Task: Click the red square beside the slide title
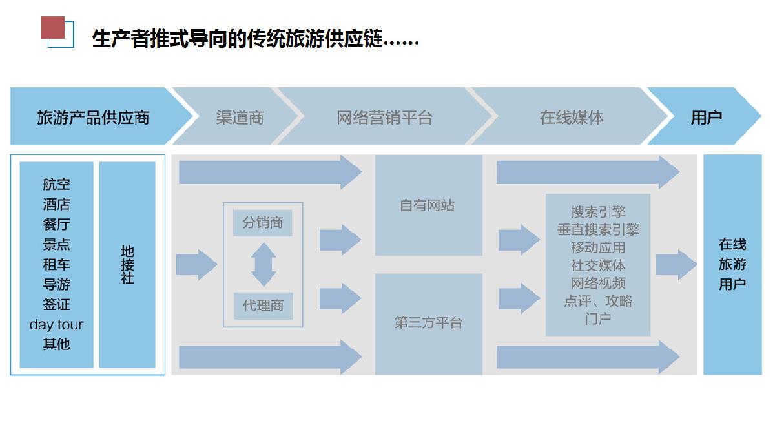[53, 28]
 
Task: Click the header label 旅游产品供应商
[93, 118]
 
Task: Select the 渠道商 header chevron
[240, 118]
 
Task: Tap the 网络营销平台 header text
[384, 118]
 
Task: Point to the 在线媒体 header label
[572, 118]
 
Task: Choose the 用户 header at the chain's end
[706, 118]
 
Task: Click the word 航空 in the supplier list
[56, 184]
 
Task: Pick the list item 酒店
[56, 204]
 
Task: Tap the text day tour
[56, 324]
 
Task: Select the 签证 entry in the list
[56, 304]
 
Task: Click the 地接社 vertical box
[127, 264]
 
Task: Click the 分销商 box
[262, 223]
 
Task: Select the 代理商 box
[262, 306]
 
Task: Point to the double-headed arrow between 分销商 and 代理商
[263, 264]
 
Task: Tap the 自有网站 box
[428, 205]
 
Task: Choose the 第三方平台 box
[428, 323]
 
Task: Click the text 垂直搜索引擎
[598, 229]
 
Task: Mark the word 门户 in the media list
[598, 318]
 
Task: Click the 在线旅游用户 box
[732, 264]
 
